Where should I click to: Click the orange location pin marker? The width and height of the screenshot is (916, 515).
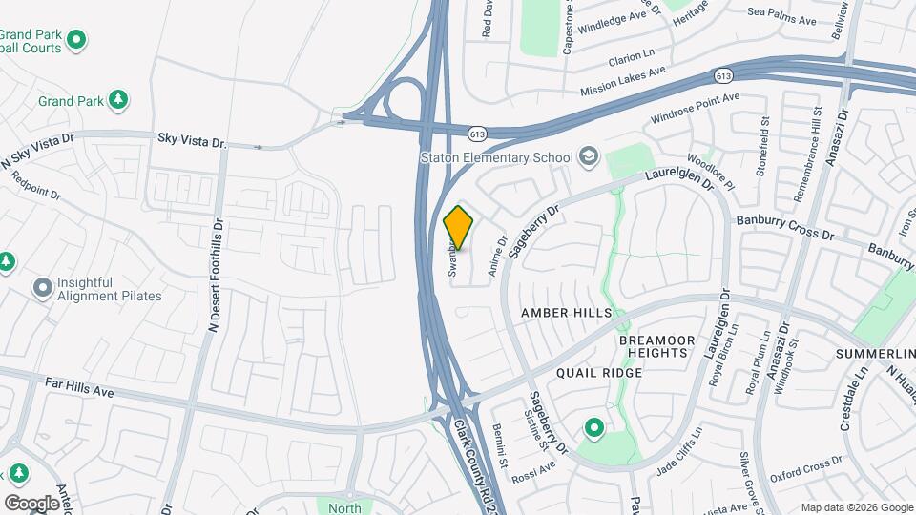(x=458, y=228)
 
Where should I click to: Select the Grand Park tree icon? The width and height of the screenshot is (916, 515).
(x=117, y=99)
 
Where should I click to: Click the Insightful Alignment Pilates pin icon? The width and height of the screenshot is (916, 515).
(x=42, y=287)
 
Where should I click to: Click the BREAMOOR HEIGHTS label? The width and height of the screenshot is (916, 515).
(x=654, y=346)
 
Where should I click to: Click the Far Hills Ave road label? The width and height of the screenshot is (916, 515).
(x=79, y=387)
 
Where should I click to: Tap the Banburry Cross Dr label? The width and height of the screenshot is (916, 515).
(x=784, y=229)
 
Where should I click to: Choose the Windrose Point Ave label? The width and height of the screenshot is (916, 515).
(x=695, y=108)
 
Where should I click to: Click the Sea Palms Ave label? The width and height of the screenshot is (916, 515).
(x=781, y=19)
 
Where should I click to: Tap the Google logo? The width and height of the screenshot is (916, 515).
(x=31, y=503)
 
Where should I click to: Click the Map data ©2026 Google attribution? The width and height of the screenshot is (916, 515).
(x=856, y=507)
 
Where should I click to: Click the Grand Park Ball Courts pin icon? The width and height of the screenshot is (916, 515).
(x=77, y=39)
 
